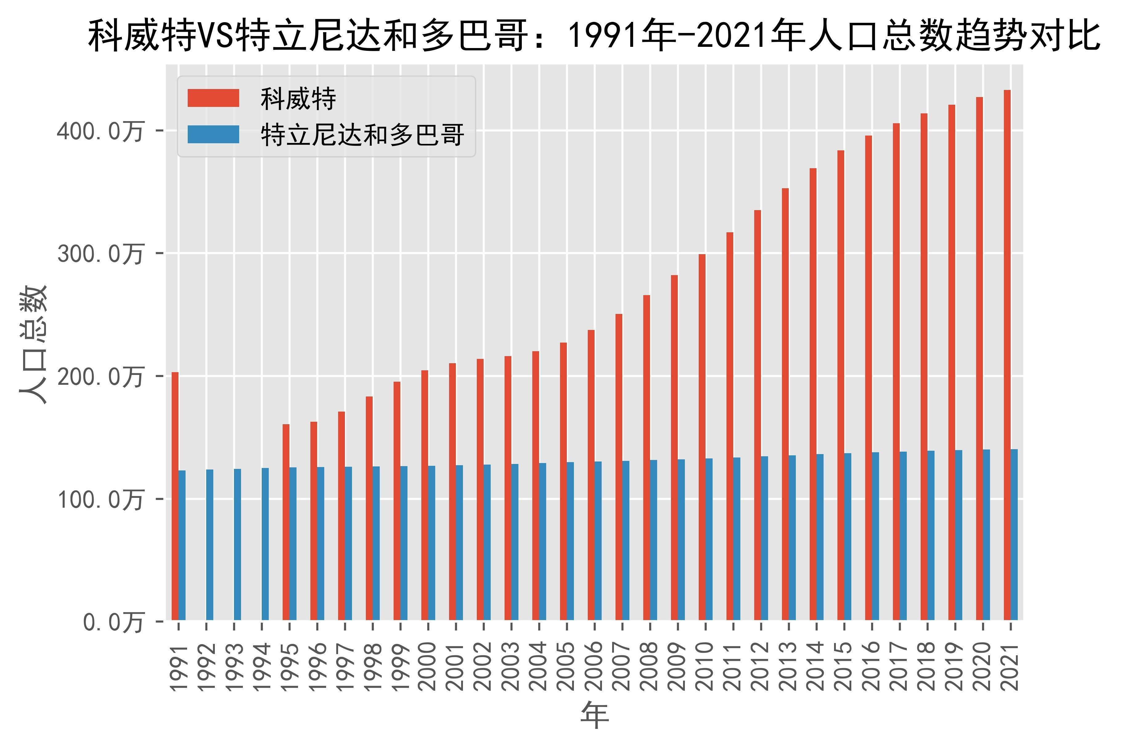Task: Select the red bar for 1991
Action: click(x=175, y=496)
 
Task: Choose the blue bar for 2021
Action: click(x=1014, y=534)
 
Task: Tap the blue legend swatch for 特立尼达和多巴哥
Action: click(x=213, y=135)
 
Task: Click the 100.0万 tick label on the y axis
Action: click(x=100, y=499)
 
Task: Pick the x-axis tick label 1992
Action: click(x=206, y=666)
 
